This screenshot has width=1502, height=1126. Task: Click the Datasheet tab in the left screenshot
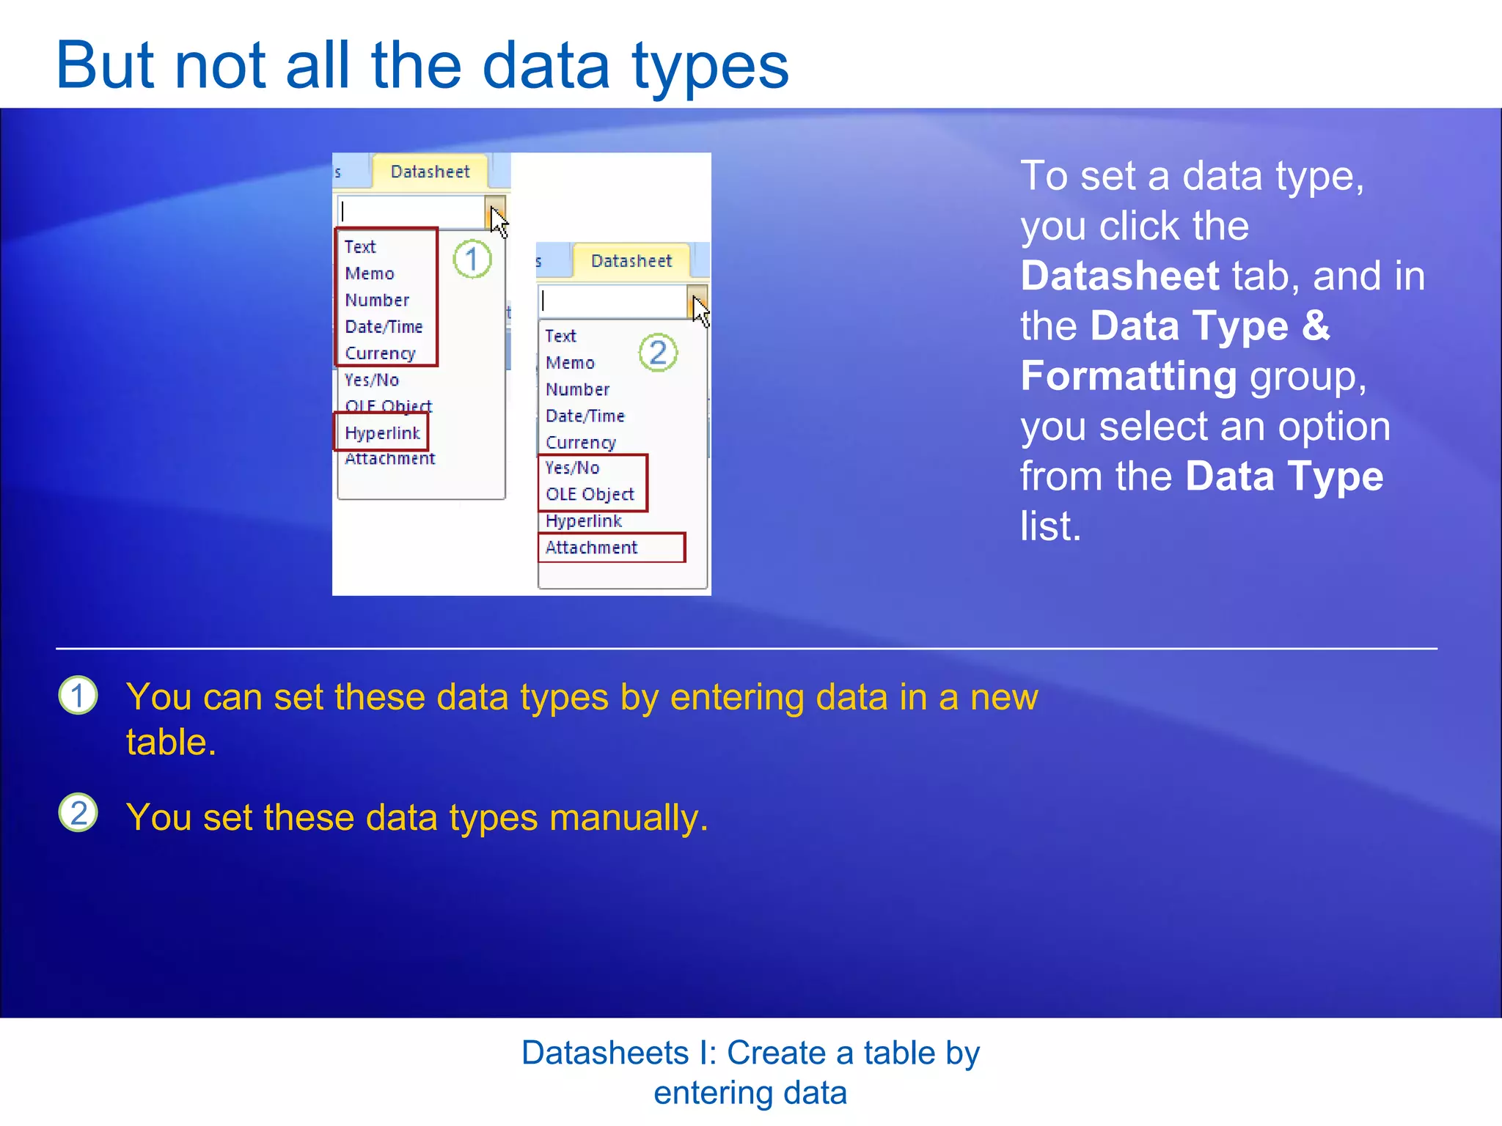tap(430, 172)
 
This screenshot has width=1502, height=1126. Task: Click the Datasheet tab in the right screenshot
tap(631, 261)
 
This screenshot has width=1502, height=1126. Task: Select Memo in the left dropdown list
tap(370, 273)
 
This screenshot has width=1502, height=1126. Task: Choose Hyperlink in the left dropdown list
tap(382, 433)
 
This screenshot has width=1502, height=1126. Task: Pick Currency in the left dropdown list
tap(380, 353)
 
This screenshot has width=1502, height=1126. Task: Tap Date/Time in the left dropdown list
tap(384, 326)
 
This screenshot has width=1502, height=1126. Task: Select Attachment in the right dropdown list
tap(591, 548)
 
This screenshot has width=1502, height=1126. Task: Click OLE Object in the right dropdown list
tap(590, 494)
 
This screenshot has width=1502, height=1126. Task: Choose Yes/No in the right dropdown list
tap(572, 468)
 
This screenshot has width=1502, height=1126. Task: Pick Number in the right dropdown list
tap(577, 389)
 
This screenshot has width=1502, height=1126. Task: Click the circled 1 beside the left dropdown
tap(472, 259)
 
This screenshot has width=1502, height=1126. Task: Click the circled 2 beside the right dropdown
tap(658, 353)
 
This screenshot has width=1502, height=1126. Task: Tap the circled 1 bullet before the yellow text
tap(78, 696)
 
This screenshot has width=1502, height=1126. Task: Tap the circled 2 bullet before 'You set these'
tap(78, 813)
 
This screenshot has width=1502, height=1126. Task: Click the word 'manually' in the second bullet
tap(628, 817)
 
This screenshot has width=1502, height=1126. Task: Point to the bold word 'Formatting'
tap(1129, 376)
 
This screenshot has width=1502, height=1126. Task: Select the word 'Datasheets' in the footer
tap(604, 1053)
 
